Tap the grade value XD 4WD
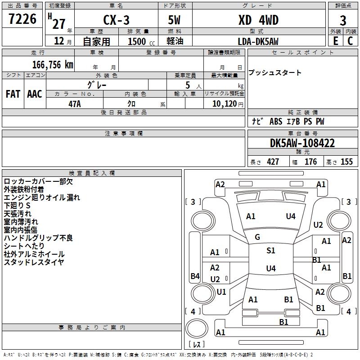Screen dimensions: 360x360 coord(258,20)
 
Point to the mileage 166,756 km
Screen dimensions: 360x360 coord(53,64)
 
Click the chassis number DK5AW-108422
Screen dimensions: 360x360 coord(302,144)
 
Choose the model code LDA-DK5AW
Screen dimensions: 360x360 coord(258,41)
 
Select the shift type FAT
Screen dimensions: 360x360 coord(13,94)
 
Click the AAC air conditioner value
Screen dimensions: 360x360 coord(35,94)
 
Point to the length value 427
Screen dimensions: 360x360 coord(273,162)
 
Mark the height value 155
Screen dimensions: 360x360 coord(346,162)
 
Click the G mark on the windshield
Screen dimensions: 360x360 coord(257,237)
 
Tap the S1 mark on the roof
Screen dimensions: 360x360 coord(270,251)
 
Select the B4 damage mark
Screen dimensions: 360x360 coord(195,276)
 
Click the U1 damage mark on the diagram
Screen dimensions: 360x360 coord(221,292)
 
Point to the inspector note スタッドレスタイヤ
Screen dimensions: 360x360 coord(34,262)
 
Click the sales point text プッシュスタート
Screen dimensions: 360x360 coord(275,73)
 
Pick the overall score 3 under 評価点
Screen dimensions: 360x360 coord(343,21)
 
